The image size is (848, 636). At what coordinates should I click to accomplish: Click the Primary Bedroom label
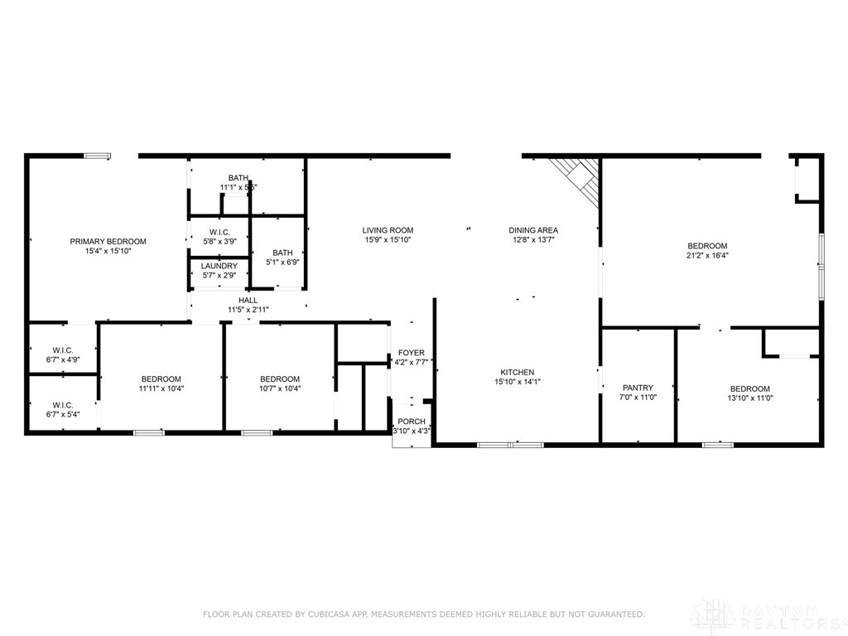[108, 241]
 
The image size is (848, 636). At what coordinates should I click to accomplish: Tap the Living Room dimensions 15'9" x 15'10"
[388, 240]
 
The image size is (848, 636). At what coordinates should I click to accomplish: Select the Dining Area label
[532, 230]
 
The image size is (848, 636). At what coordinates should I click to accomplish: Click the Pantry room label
[638, 388]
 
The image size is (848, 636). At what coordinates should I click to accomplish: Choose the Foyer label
[411, 353]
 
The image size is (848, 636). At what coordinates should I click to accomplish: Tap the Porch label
[411, 420]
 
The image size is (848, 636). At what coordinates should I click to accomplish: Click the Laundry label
[219, 266]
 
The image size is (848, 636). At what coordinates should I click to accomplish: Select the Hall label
[248, 300]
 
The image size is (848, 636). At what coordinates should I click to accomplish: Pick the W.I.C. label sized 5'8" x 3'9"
[219, 232]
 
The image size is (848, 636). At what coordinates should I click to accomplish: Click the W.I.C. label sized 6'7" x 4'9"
[64, 349]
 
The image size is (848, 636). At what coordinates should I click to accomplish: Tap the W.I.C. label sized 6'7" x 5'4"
[64, 405]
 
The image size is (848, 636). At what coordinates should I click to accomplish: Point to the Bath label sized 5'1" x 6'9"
[282, 253]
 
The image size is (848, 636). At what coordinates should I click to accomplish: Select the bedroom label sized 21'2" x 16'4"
[707, 246]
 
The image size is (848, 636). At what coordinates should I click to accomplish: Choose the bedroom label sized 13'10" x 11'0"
[749, 388]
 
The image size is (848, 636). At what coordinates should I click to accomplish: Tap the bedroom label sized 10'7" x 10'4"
[279, 378]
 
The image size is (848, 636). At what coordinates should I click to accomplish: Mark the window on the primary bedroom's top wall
[98, 155]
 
